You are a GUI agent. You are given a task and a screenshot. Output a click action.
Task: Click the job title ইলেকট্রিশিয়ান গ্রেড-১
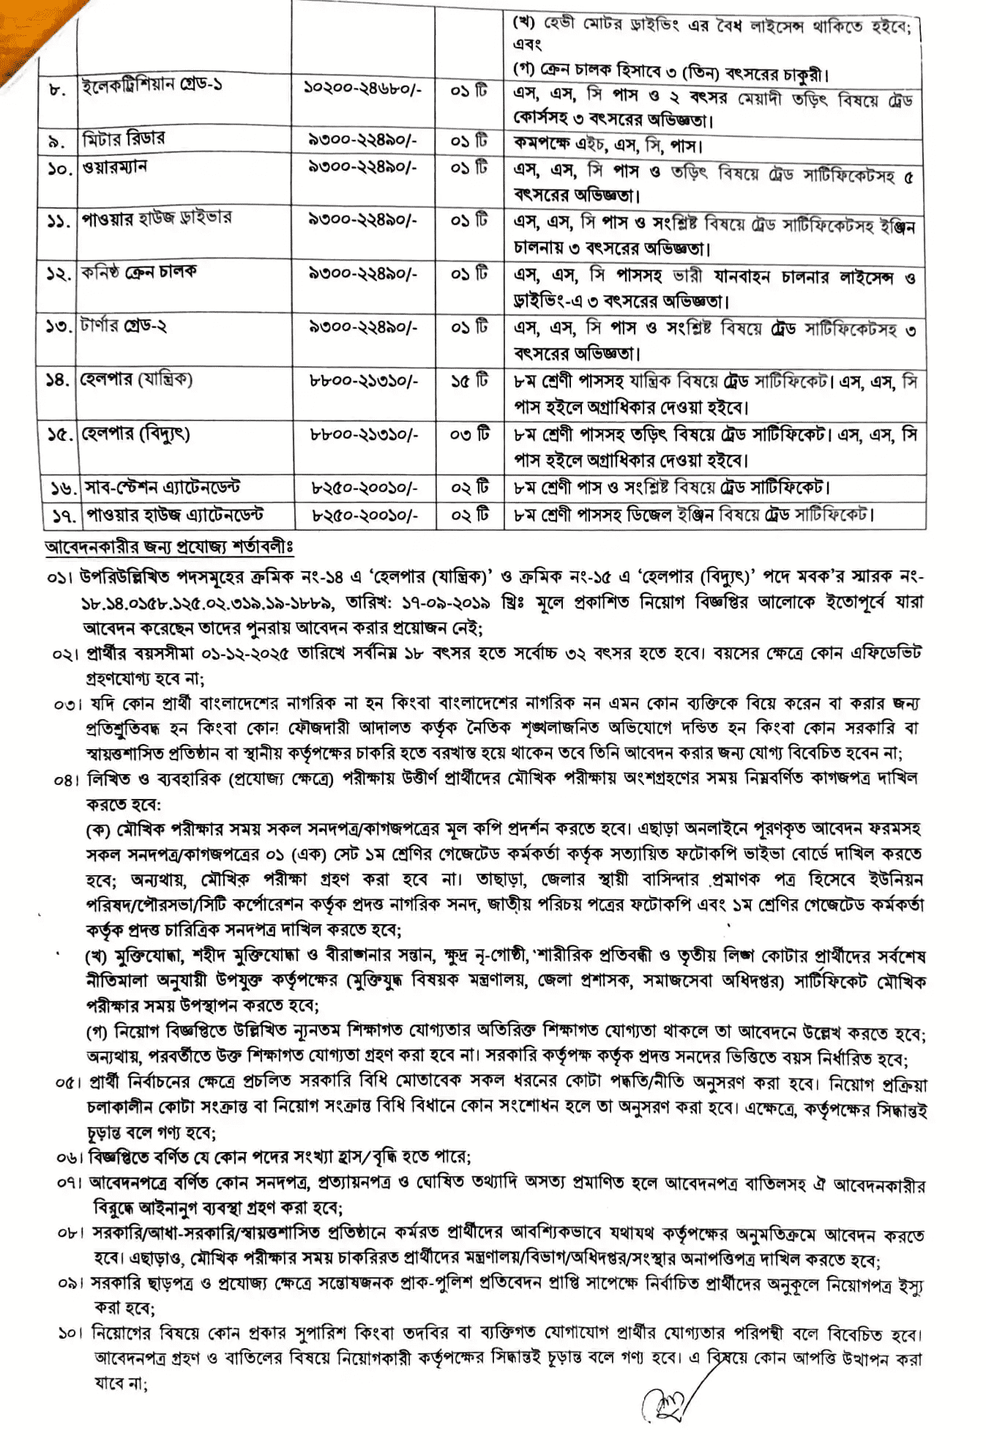click(152, 86)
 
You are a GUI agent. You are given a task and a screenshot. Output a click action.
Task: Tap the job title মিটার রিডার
click(124, 138)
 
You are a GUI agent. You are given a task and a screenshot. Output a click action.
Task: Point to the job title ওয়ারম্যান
click(116, 167)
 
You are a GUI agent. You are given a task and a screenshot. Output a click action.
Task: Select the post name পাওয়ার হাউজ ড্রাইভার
click(157, 218)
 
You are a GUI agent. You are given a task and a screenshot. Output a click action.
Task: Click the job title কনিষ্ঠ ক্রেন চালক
click(139, 272)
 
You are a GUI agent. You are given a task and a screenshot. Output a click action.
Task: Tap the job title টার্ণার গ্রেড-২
click(124, 326)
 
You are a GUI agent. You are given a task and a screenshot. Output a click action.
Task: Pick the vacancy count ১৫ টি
click(469, 380)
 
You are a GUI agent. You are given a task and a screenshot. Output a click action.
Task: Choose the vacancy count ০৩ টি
click(469, 434)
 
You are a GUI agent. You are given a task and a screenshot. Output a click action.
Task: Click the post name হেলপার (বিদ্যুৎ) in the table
click(136, 434)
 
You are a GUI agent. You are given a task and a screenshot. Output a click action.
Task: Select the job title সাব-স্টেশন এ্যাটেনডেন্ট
click(163, 488)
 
